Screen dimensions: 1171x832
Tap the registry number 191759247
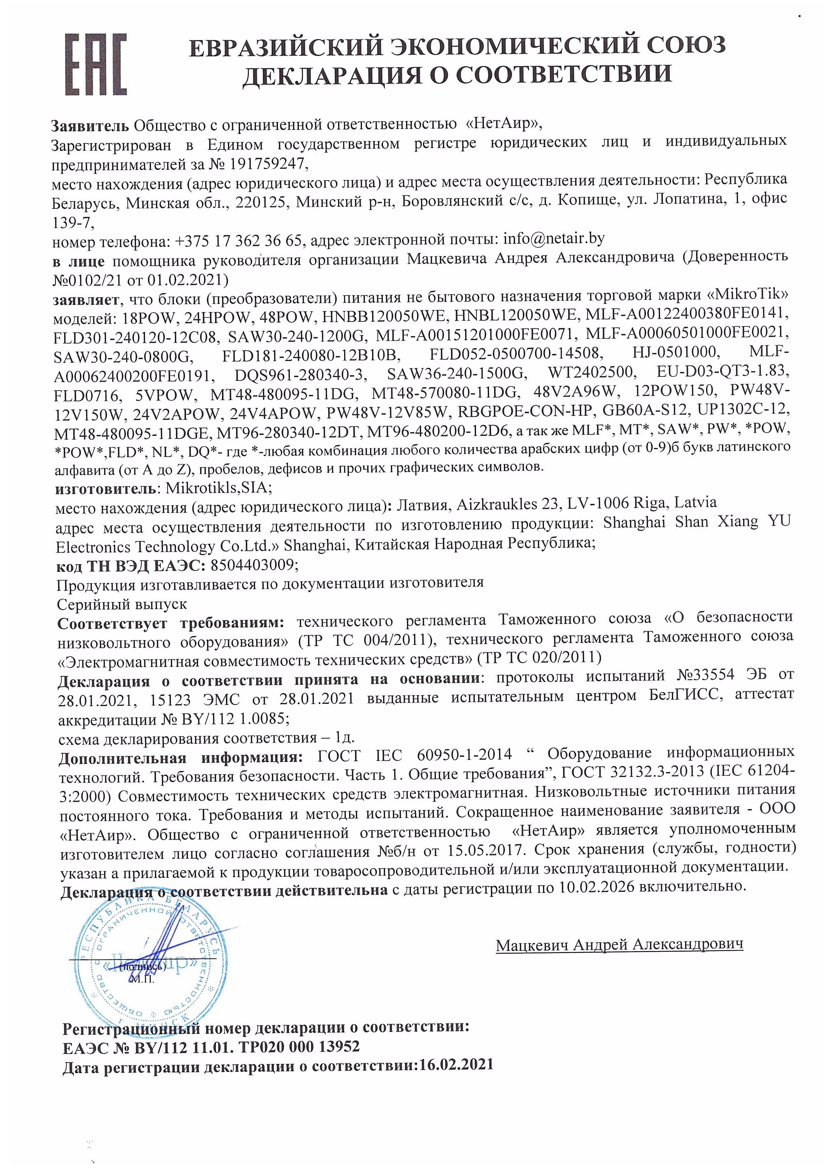click(x=266, y=164)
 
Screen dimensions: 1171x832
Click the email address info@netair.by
click(x=554, y=239)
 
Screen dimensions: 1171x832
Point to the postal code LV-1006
click(x=596, y=504)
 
